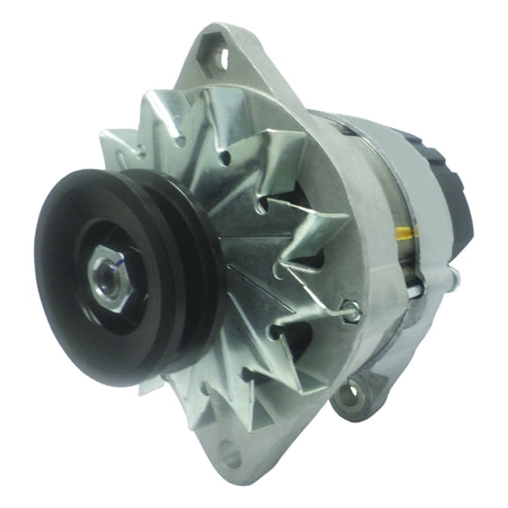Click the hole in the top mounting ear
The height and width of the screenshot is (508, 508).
pyautogui.click(x=220, y=57)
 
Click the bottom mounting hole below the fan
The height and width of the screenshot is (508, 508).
pyautogui.click(x=228, y=456)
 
